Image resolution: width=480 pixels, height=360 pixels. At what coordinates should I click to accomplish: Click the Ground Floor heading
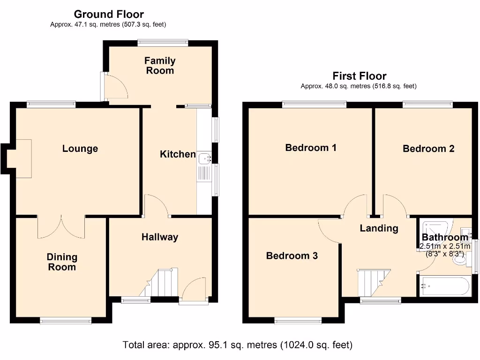[x=109, y=14]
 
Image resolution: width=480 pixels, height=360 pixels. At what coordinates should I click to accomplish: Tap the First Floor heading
[x=360, y=75]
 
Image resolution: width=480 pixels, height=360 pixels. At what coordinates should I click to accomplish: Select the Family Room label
[x=160, y=66]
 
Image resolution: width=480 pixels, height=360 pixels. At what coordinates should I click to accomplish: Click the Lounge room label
[x=80, y=149]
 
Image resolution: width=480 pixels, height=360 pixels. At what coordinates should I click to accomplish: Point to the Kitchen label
[x=178, y=154]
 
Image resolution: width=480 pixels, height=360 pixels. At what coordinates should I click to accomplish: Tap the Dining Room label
[x=62, y=262]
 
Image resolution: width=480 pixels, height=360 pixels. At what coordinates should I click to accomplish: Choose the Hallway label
[x=160, y=237]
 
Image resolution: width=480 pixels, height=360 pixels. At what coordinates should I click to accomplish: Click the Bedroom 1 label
[x=311, y=148]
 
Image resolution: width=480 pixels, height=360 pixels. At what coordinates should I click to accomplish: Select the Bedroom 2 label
[x=428, y=149]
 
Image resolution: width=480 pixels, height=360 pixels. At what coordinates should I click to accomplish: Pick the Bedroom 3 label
[x=292, y=255]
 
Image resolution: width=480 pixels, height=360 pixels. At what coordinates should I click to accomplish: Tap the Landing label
[x=379, y=228]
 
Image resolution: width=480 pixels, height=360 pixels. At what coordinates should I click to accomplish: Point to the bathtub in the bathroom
[x=445, y=286]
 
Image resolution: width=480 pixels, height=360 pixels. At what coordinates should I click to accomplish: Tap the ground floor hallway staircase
[x=158, y=283]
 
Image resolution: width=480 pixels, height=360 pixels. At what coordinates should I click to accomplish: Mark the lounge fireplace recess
[x=19, y=158]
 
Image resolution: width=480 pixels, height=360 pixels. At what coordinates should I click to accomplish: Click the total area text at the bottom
[x=238, y=345]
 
